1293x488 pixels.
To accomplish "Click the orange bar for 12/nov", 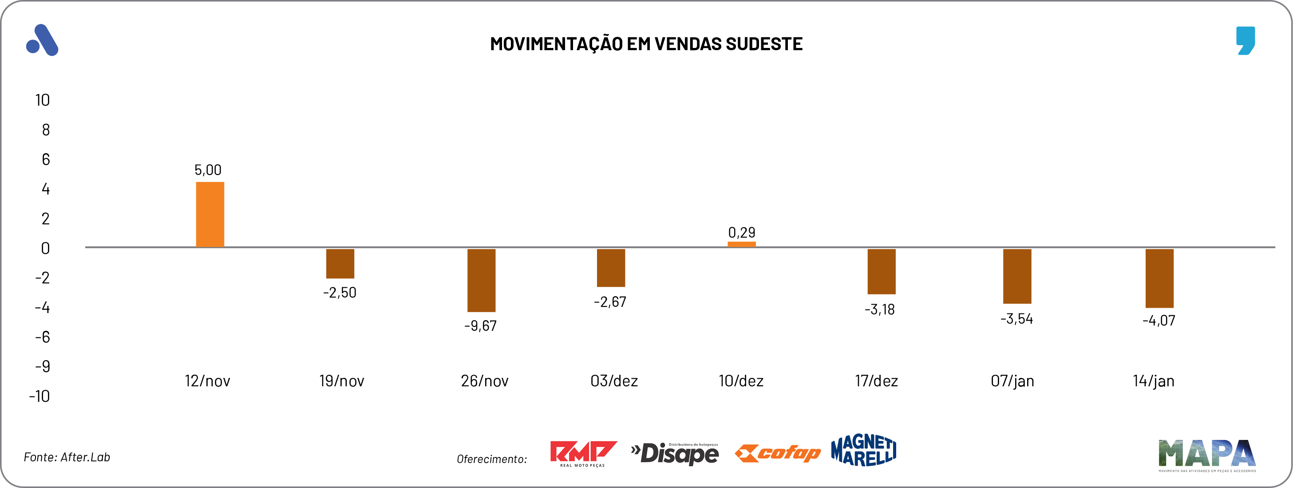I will [210, 214].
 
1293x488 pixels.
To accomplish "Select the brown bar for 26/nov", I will [481, 280].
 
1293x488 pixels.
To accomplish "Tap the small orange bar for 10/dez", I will [741, 245].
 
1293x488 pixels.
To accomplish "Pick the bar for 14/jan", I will [1159, 278].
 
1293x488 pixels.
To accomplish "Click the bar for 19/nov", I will [340, 264].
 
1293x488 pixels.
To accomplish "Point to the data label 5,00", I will [208, 170].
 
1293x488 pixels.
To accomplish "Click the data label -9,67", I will [480, 326].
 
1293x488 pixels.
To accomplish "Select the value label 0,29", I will [741, 232].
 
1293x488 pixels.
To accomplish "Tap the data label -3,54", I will [1016, 319].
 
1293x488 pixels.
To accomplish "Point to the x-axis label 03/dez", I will [614, 381].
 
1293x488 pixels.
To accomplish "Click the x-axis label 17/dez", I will [876, 381].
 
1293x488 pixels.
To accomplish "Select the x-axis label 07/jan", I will [1012, 381].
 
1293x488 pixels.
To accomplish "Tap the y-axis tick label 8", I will [46, 130].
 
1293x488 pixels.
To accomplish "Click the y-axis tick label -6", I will [43, 337].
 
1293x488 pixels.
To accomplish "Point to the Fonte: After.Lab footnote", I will [67, 457].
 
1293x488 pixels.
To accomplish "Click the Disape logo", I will [675, 453].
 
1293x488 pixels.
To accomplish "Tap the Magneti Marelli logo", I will [863, 450].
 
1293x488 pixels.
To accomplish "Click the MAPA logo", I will [1206, 455].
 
